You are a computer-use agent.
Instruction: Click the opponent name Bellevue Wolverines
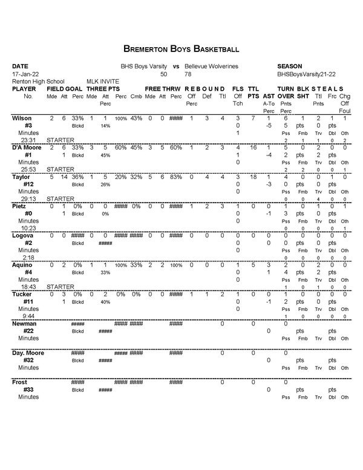[211, 65]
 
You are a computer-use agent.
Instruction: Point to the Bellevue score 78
[188, 73]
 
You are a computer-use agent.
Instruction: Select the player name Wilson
[22, 117]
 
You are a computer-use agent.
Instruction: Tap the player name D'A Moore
[26, 147]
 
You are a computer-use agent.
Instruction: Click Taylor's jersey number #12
[28, 184]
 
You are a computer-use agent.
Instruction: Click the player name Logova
[23, 235]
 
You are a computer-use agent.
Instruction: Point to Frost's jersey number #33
[28, 390]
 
